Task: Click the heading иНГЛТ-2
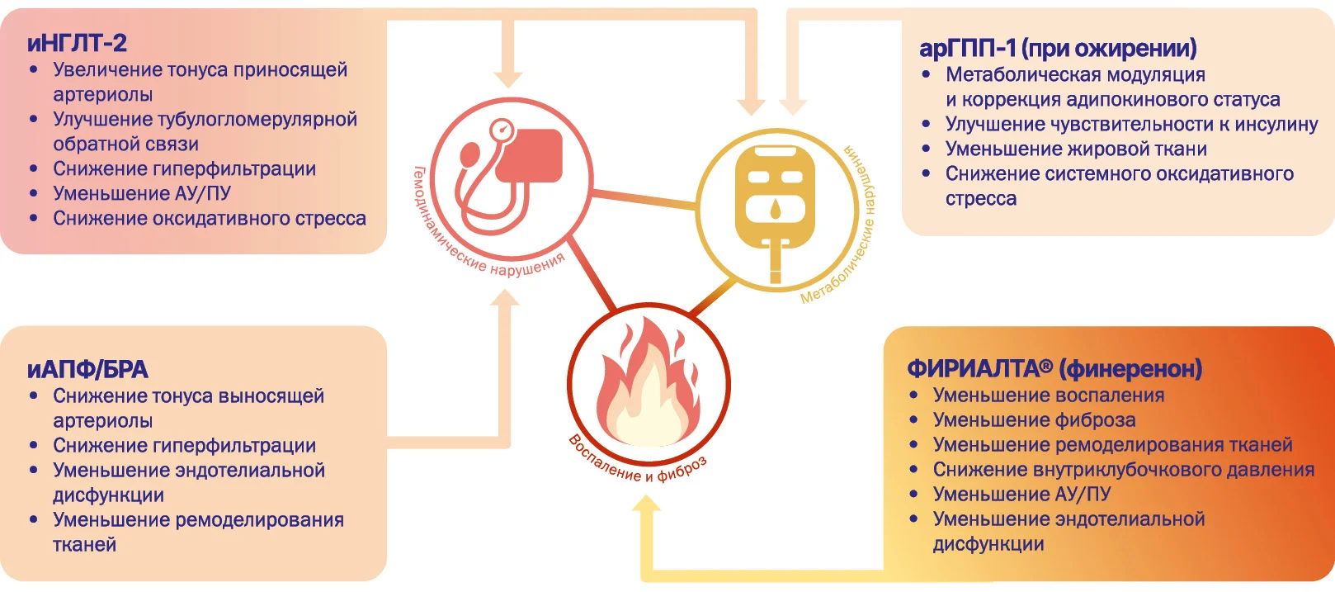(77, 43)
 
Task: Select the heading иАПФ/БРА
(87, 370)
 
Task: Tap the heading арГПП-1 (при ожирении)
(1058, 48)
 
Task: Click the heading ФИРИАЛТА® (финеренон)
(1054, 369)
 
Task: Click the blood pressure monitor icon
(510, 176)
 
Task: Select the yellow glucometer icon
(775, 209)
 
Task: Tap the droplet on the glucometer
(775, 209)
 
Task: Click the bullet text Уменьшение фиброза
(1034, 419)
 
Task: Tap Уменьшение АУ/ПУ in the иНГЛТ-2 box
(141, 193)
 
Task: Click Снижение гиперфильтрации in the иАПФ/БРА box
(184, 445)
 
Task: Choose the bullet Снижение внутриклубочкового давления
(1124, 470)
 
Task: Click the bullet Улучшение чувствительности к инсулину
(1131, 124)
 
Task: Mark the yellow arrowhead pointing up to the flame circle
(646, 504)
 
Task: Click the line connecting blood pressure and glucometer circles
(644, 198)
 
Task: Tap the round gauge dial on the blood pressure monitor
(501, 130)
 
